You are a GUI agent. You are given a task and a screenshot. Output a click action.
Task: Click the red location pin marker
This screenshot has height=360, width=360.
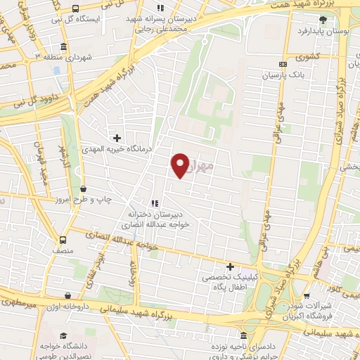pos(181,165)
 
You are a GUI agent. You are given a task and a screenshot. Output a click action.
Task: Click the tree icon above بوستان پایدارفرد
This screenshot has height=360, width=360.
pos(323,20)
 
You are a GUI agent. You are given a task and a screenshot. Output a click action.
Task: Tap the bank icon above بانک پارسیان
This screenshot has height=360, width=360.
pos(283,63)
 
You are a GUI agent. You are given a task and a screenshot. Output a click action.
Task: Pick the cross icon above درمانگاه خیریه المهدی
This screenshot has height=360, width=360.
pos(117,137)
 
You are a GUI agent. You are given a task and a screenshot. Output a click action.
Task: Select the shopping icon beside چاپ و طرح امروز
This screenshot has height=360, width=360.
pos(84,188)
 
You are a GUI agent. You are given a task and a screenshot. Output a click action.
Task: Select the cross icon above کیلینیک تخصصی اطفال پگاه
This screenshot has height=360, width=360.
pos(230,266)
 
